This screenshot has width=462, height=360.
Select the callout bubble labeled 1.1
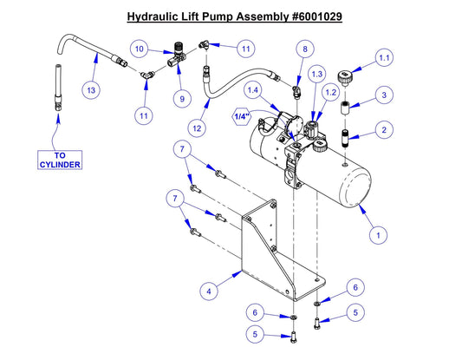click(385, 58)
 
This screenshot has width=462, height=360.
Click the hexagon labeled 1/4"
click(242, 115)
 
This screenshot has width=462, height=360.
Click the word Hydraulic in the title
click(157, 16)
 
